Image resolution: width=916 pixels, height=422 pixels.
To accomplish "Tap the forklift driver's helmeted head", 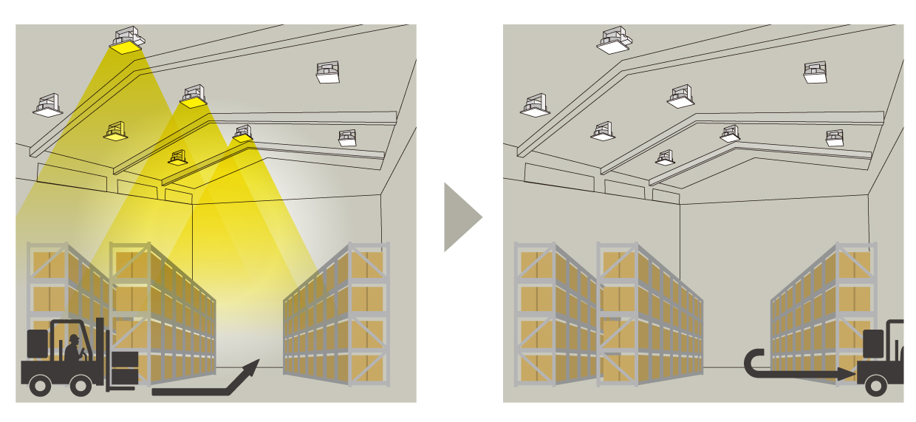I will point(74,339).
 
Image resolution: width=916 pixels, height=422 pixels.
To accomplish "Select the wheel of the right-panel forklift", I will point(876,384).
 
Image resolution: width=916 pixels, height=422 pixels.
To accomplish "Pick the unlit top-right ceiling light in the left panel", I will point(328,72).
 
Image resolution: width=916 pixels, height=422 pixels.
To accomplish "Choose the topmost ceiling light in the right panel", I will point(615,40).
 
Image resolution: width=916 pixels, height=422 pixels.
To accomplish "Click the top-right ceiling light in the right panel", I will point(816,72).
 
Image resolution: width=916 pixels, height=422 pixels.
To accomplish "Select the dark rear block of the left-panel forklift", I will point(38,344).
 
